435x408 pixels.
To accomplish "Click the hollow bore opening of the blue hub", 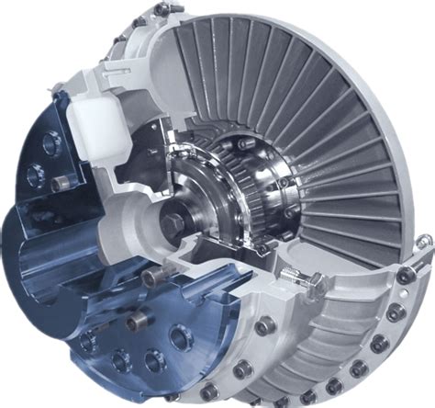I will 55,257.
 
